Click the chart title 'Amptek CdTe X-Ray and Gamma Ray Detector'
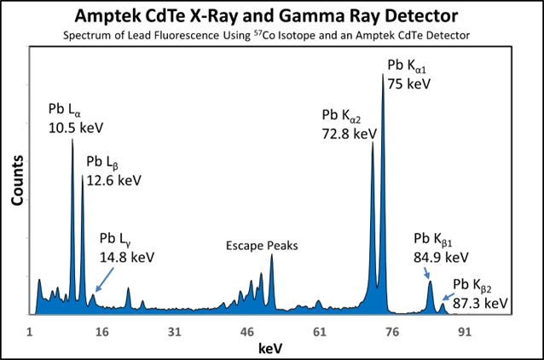[271, 15]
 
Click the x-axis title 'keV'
[271, 348]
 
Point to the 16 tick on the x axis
[102, 331]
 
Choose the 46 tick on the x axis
[247, 331]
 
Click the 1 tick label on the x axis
[30, 331]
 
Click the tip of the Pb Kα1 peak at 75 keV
[383, 75]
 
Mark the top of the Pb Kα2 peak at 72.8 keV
[373, 142]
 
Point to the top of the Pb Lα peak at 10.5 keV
[72, 138]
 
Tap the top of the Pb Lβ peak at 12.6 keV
[83, 176]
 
